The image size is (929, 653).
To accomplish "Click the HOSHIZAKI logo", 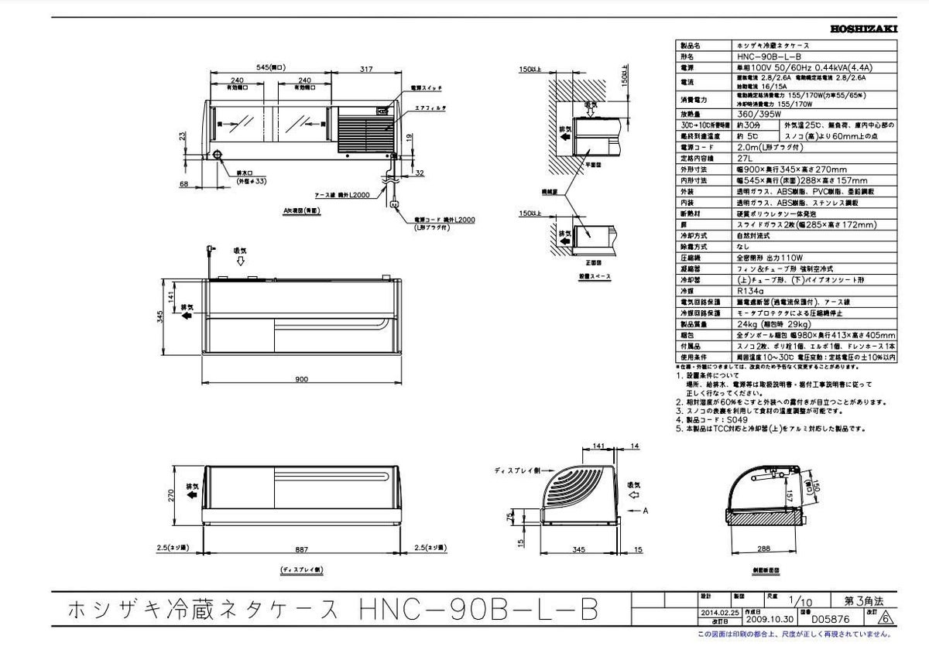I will tap(863, 29).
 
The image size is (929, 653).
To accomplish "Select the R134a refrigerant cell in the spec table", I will tap(745, 291).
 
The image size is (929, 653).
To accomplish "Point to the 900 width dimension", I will tap(302, 379).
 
